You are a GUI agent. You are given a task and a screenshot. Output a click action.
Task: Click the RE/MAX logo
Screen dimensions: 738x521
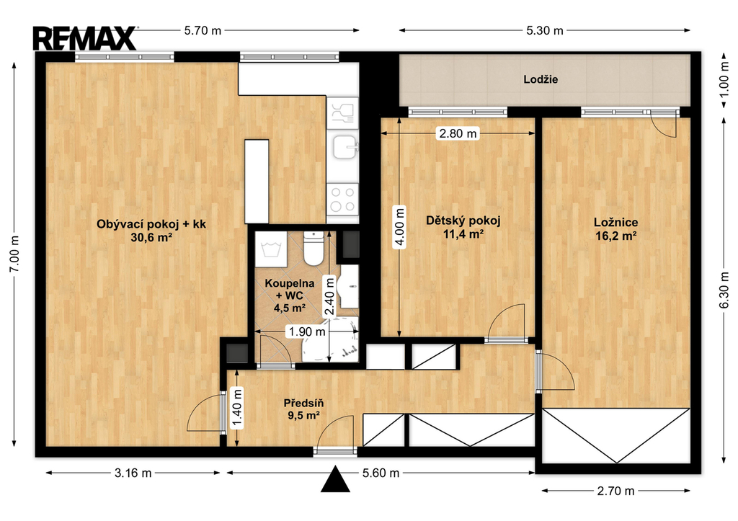(85, 39)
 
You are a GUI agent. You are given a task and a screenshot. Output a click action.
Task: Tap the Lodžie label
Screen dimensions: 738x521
(541, 79)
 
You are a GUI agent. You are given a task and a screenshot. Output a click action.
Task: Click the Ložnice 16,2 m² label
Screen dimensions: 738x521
(615, 228)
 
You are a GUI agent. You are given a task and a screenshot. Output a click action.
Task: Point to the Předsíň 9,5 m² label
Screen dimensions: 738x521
(303, 409)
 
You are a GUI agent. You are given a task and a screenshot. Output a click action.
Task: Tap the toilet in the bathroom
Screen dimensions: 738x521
(313, 248)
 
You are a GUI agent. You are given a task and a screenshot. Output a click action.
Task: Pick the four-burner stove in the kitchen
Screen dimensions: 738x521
(342, 199)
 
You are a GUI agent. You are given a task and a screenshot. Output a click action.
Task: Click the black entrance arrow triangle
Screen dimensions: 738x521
(335, 479)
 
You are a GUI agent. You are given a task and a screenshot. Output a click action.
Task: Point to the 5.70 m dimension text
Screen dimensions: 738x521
(203, 30)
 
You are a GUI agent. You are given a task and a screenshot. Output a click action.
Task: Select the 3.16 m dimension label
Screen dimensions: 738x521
(133, 473)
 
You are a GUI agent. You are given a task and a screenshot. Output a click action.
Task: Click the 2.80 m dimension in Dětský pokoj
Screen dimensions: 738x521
(458, 133)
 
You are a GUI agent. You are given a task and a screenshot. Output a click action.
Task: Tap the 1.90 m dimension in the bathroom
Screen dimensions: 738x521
(307, 331)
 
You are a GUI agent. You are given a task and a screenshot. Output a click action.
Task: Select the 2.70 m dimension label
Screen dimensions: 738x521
(615, 491)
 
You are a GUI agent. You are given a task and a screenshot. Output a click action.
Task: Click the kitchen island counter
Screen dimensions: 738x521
(257, 181)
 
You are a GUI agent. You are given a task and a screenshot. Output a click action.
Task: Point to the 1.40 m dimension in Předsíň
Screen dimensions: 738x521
(237, 408)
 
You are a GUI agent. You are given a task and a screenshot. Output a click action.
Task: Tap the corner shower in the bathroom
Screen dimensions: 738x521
(330, 340)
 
